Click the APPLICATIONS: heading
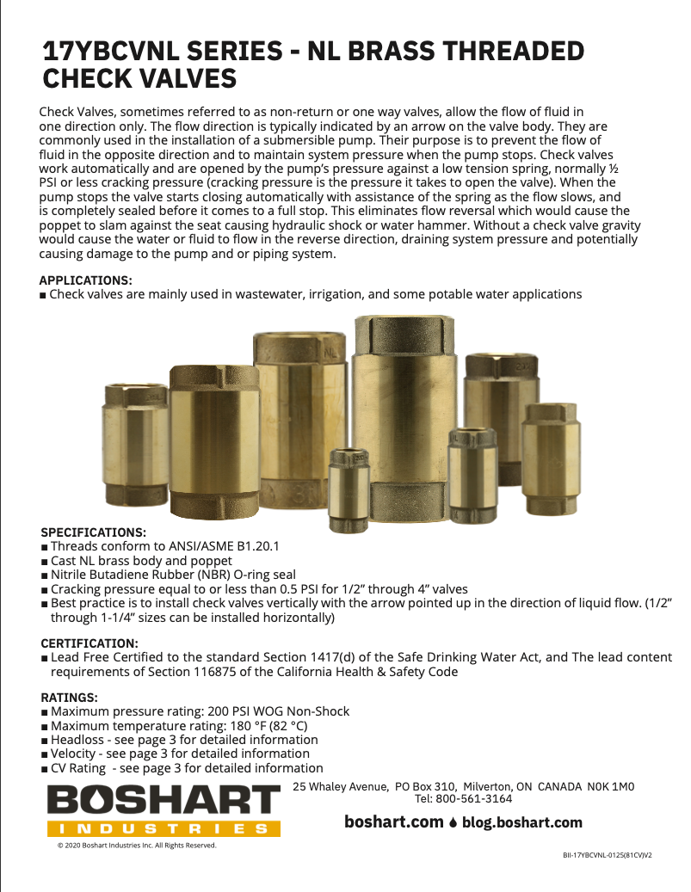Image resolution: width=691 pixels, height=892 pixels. click(x=86, y=280)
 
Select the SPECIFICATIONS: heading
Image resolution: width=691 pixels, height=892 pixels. click(x=94, y=532)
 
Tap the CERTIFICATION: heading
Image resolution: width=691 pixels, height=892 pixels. click(x=89, y=643)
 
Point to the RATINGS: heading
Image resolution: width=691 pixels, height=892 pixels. click(x=70, y=698)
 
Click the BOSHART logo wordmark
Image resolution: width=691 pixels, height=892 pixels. click(x=163, y=802)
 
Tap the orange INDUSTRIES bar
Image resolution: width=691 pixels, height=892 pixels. click(x=163, y=829)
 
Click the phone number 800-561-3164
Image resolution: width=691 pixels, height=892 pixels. click(x=475, y=798)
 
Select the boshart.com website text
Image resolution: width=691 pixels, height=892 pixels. click(x=393, y=822)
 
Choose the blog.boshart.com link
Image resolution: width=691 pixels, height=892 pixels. click(x=521, y=822)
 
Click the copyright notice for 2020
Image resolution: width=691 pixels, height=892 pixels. click(x=137, y=846)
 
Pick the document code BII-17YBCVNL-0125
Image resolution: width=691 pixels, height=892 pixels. click(x=601, y=857)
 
